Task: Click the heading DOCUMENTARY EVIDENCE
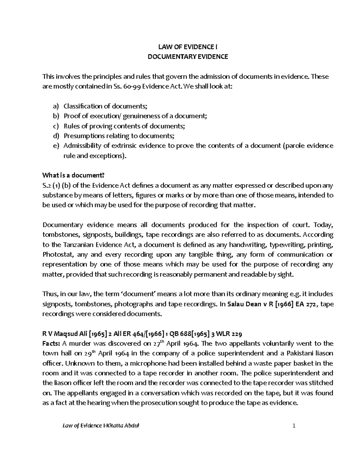click(188, 57)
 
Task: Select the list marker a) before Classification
click(56, 106)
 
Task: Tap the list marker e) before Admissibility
click(56, 146)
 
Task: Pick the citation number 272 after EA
click(313, 304)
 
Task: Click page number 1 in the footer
click(294, 426)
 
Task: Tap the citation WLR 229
click(231, 334)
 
